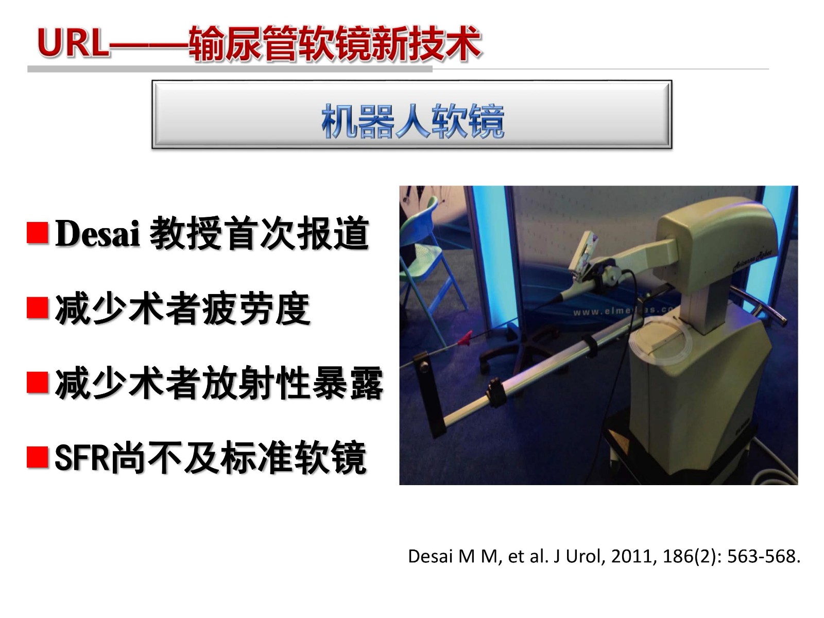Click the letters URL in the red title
click(x=73, y=43)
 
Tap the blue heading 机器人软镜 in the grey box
click(x=413, y=121)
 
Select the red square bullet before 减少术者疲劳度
click(x=38, y=308)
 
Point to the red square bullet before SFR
click(x=38, y=457)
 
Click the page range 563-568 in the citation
click(x=761, y=556)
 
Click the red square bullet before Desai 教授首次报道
click(x=38, y=233)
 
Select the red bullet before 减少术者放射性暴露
click(x=38, y=383)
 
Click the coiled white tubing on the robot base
click(x=661, y=341)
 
